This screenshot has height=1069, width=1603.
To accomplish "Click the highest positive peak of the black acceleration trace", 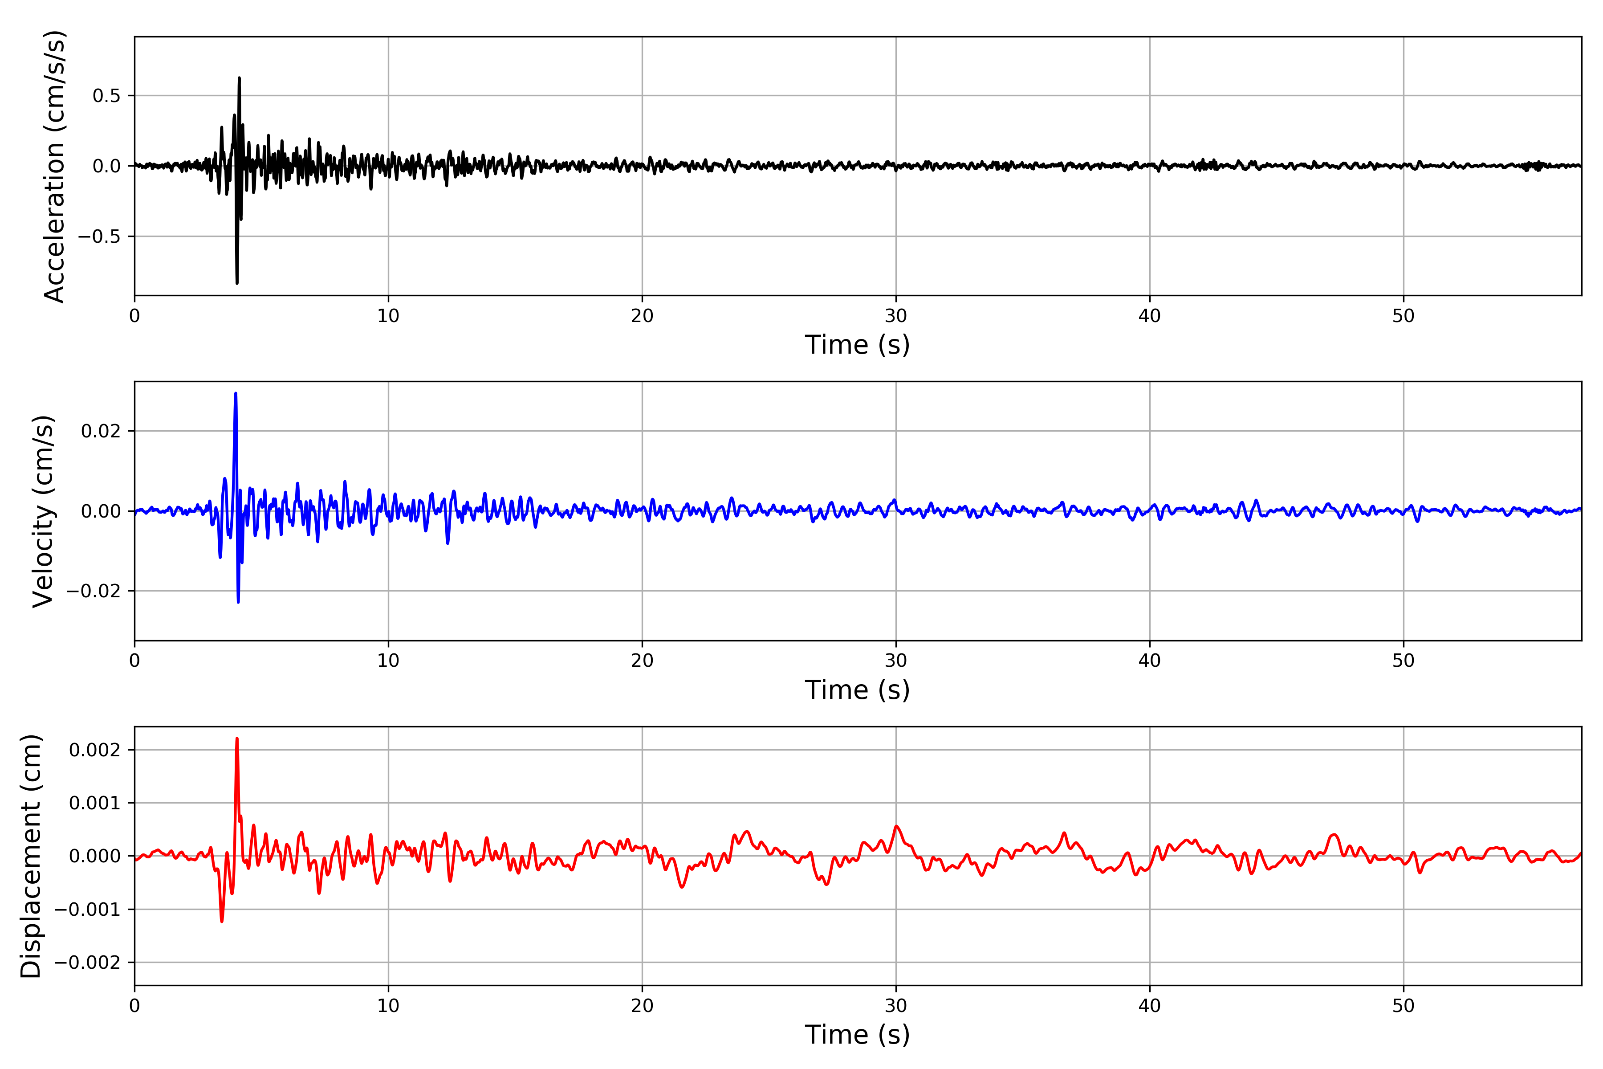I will click(239, 78).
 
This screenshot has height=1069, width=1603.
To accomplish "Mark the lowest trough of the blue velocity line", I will click(238, 601).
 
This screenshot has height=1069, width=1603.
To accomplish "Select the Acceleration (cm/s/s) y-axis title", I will click(54, 166).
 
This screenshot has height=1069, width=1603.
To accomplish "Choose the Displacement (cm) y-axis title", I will click(31, 856).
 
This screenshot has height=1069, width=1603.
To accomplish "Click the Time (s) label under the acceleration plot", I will click(858, 345).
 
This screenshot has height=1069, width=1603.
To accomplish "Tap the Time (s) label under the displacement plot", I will click(858, 1034).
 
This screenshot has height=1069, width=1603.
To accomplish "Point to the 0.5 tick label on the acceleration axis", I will click(106, 95).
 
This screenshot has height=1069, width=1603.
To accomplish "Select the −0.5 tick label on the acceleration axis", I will click(99, 237).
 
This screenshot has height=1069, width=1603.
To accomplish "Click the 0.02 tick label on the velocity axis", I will click(101, 431).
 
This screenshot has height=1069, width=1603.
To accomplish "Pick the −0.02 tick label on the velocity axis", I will click(94, 591).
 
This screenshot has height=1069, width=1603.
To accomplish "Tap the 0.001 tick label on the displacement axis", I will click(95, 803).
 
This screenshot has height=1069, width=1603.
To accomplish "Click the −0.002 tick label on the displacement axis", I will click(87, 963).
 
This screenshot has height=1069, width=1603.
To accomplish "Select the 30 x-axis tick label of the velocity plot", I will click(895, 661).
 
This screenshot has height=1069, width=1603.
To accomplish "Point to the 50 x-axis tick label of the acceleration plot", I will click(1404, 316).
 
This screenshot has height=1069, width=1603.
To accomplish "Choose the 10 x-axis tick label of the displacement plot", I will click(388, 1006).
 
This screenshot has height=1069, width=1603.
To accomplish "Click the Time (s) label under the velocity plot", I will click(858, 690).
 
